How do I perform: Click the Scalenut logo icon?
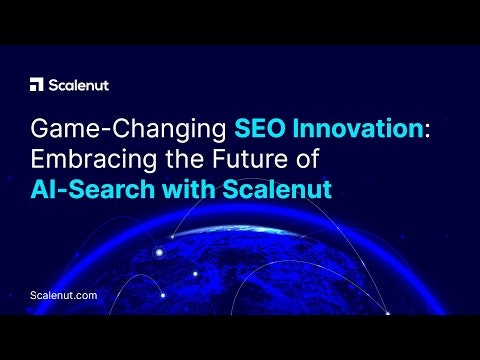tap(37, 84)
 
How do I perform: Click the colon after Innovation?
tap(400, 131)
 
